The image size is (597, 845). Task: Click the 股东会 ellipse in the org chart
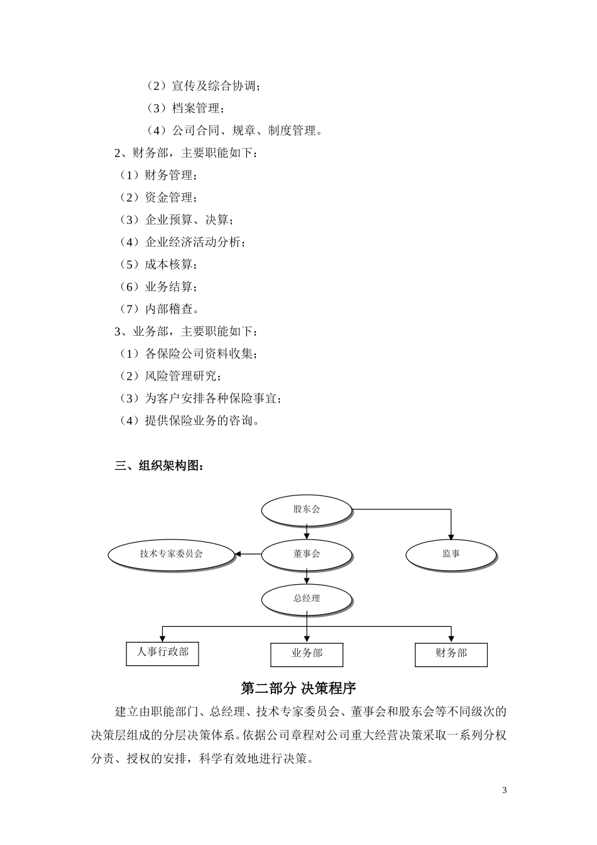click(306, 509)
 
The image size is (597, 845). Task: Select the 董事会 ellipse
click(306, 554)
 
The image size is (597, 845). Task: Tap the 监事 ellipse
click(451, 554)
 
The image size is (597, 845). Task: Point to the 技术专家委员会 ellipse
click(172, 554)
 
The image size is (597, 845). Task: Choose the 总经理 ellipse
click(306, 599)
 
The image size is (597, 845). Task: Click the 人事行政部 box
click(162, 652)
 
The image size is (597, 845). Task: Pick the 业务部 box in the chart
click(307, 654)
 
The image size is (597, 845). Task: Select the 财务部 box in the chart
click(451, 654)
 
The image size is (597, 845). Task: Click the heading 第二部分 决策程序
click(298, 688)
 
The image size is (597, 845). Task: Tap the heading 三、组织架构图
click(160, 466)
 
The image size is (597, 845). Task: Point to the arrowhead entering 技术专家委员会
click(239, 554)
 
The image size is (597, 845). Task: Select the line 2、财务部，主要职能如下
click(186, 153)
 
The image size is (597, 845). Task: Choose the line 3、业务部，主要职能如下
click(186, 331)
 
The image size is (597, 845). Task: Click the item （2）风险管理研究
click(170, 376)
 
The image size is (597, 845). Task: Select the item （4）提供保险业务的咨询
click(189, 421)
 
